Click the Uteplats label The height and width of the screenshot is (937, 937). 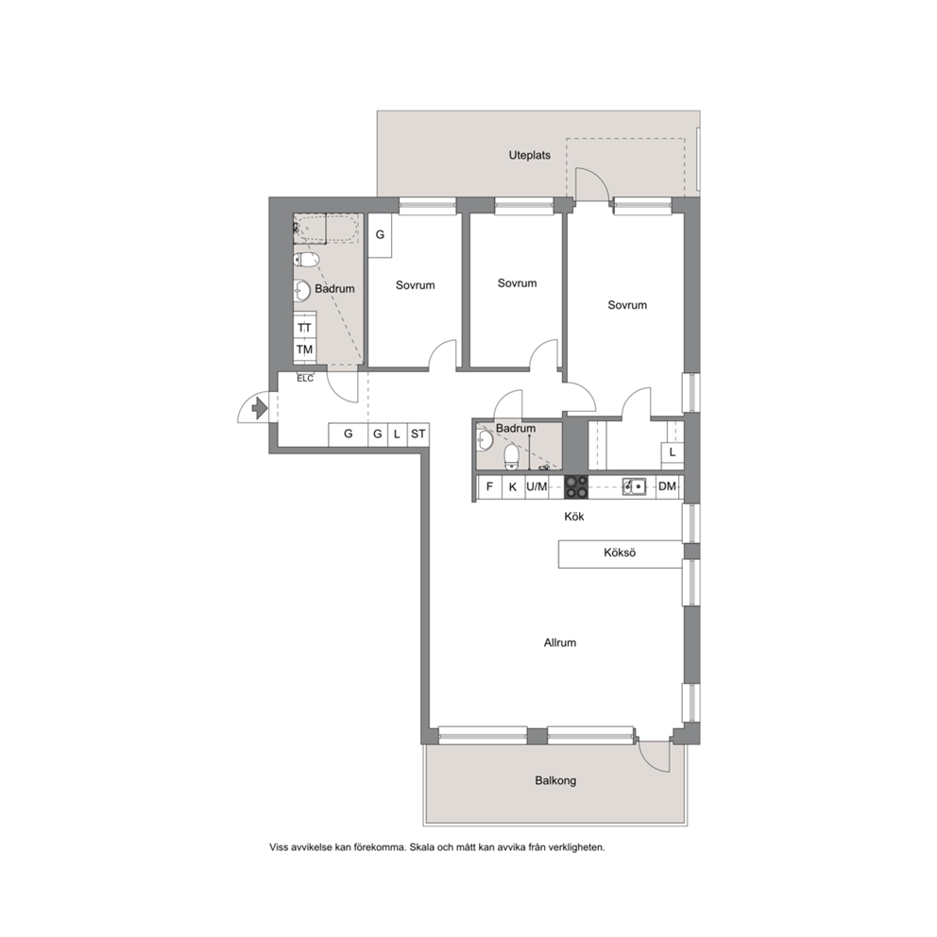click(530, 155)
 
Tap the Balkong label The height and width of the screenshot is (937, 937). click(555, 780)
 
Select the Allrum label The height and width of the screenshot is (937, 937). click(560, 643)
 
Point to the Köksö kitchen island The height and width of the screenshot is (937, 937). click(621, 554)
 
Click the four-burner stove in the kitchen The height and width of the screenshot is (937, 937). click(576, 486)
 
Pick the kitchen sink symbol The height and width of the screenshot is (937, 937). click(634, 487)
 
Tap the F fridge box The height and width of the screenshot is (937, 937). click(489, 486)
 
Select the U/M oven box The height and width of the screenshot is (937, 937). click(537, 486)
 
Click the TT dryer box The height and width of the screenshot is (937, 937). click(305, 328)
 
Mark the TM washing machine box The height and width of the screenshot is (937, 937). click(305, 349)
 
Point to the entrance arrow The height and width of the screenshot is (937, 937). click(260, 408)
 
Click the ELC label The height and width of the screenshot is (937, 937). click(305, 379)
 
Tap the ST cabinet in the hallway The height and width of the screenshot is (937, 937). click(417, 434)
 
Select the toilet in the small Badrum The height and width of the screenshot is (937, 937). click(512, 456)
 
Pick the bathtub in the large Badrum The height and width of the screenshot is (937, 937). click(327, 229)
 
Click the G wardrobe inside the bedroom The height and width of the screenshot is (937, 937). click(380, 235)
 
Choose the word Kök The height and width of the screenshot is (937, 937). click(574, 517)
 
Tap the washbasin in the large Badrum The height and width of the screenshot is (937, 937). click(302, 291)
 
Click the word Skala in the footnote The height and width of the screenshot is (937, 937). click(422, 847)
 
